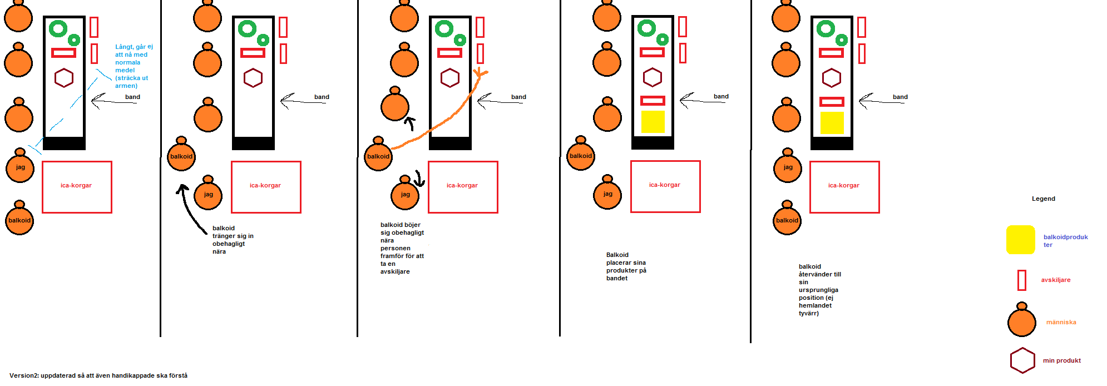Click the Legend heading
coord(1043,199)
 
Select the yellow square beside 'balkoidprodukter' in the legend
coord(1020,240)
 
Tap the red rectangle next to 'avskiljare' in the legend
coord(1021,280)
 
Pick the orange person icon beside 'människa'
coord(1021,321)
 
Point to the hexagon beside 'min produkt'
coord(1022,360)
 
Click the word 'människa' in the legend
coord(1061,322)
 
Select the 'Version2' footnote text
coord(98,375)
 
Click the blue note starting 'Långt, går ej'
coord(134,66)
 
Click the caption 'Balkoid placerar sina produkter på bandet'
coord(626,266)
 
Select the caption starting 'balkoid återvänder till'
coord(819,290)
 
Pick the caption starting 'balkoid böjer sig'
coord(402,248)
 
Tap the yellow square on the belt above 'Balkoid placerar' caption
coord(653,122)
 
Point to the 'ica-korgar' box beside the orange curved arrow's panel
coord(462,187)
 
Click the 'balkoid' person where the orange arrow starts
coord(378,156)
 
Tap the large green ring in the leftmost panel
coord(58,28)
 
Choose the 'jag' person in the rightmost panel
coord(787,167)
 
